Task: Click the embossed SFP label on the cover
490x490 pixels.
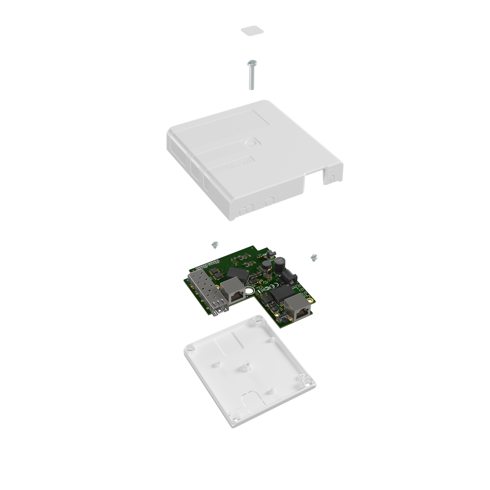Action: coord(247,203)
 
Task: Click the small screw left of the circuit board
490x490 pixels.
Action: coord(215,244)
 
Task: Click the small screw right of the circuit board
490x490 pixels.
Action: coord(314,257)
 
